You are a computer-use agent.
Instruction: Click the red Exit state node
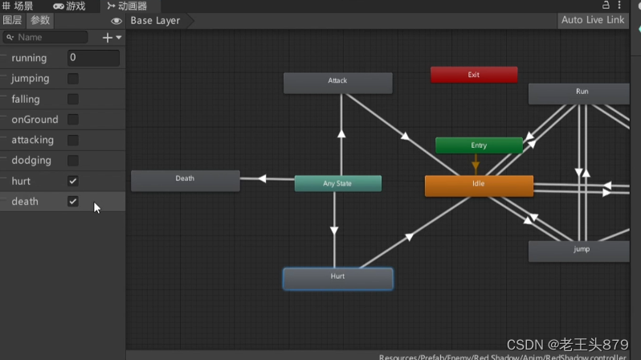tap(474, 75)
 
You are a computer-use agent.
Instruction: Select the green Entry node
tap(479, 145)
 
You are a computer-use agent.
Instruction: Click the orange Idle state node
tap(479, 185)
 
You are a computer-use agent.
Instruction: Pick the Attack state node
tap(337, 82)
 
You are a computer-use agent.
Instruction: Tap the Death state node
tap(185, 180)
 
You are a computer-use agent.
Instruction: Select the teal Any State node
tap(337, 183)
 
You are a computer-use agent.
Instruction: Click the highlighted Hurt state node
tap(337, 278)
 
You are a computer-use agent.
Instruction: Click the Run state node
tap(579, 93)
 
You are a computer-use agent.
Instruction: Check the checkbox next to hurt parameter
tap(73, 181)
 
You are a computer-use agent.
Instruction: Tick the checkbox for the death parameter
tap(73, 201)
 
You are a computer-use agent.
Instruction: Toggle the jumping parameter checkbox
tap(73, 79)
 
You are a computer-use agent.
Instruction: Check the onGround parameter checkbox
tap(73, 120)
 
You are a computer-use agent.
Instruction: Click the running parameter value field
tap(93, 58)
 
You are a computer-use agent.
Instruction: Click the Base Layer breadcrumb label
tap(155, 20)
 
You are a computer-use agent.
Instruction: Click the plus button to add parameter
tap(108, 37)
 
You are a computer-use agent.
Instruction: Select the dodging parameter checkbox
tap(73, 161)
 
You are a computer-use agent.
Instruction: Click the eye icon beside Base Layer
tap(116, 21)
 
